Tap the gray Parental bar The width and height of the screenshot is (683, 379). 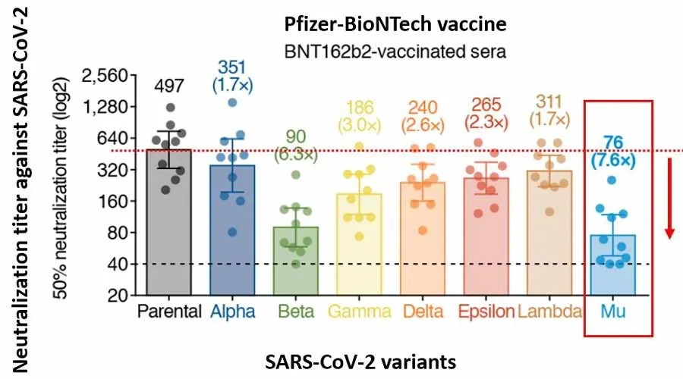(168, 227)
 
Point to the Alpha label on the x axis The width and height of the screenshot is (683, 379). (233, 312)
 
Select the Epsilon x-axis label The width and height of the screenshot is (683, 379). (485, 312)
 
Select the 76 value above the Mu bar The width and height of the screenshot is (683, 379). (613, 141)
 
